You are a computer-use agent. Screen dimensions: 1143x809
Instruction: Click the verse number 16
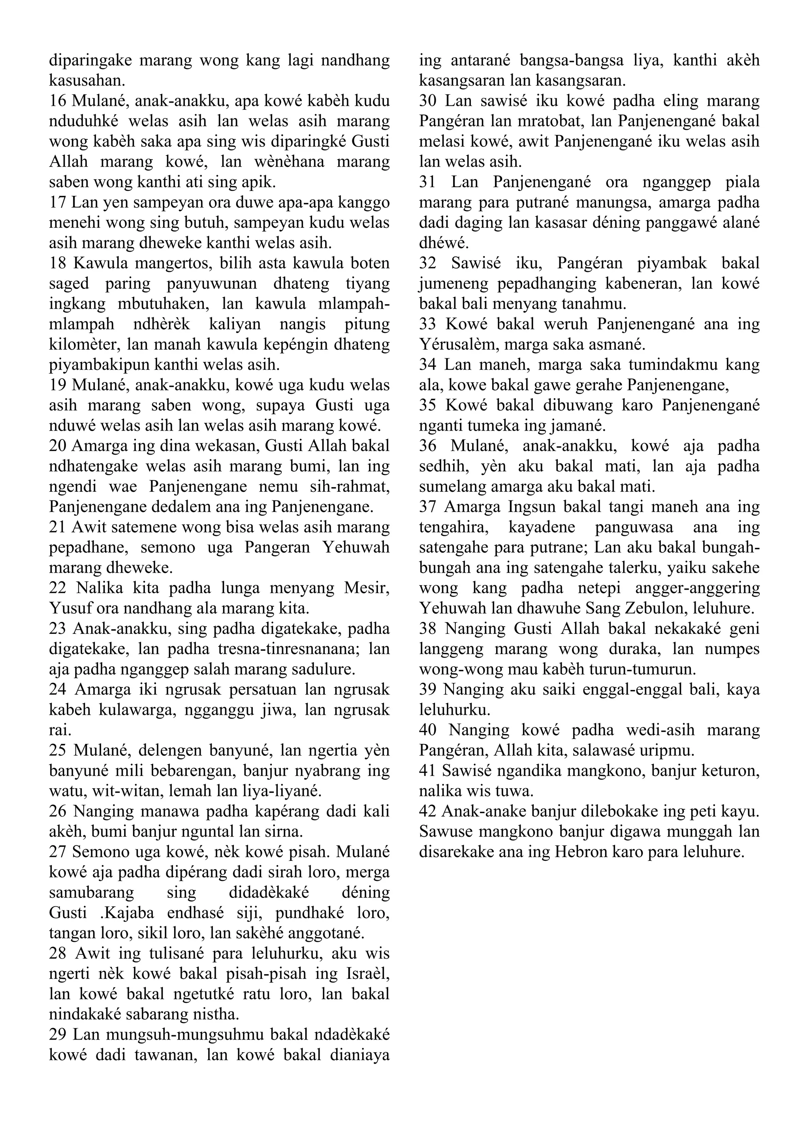[x=57, y=101]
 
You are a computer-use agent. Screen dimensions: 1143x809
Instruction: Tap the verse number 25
[x=58, y=751]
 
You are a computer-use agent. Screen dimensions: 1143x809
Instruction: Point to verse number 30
[x=428, y=101]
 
